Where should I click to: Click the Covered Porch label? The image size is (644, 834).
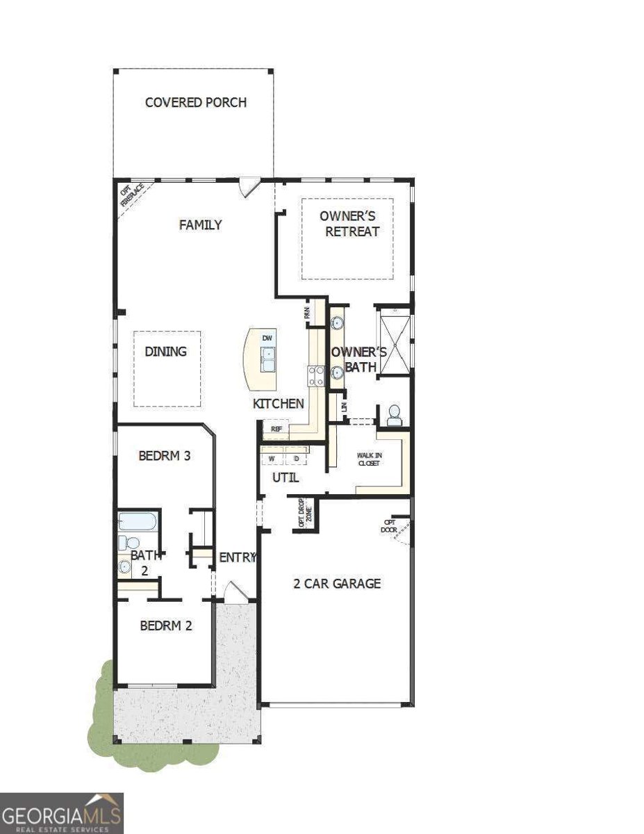click(x=195, y=102)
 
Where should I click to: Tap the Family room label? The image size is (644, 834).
click(x=200, y=224)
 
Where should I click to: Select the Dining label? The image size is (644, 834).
click(x=165, y=351)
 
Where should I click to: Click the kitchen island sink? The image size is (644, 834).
click(x=267, y=358)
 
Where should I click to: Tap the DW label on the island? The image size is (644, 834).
click(x=267, y=338)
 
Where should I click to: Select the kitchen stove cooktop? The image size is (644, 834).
click(x=316, y=375)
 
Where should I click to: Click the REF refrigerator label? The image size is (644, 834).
click(x=276, y=430)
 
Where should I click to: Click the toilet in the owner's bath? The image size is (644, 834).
click(x=394, y=415)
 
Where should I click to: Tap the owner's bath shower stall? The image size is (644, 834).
click(x=394, y=343)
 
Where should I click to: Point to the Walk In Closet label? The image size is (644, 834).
click(x=369, y=459)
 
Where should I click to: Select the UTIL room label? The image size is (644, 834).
click(x=285, y=477)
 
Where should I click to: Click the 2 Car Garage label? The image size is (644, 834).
click(x=337, y=583)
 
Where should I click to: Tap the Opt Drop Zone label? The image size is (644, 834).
click(x=305, y=514)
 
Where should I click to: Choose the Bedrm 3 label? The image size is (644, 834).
click(x=165, y=456)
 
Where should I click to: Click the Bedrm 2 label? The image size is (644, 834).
click(x=165, y=625)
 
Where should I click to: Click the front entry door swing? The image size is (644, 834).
click(x=235, y=591)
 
